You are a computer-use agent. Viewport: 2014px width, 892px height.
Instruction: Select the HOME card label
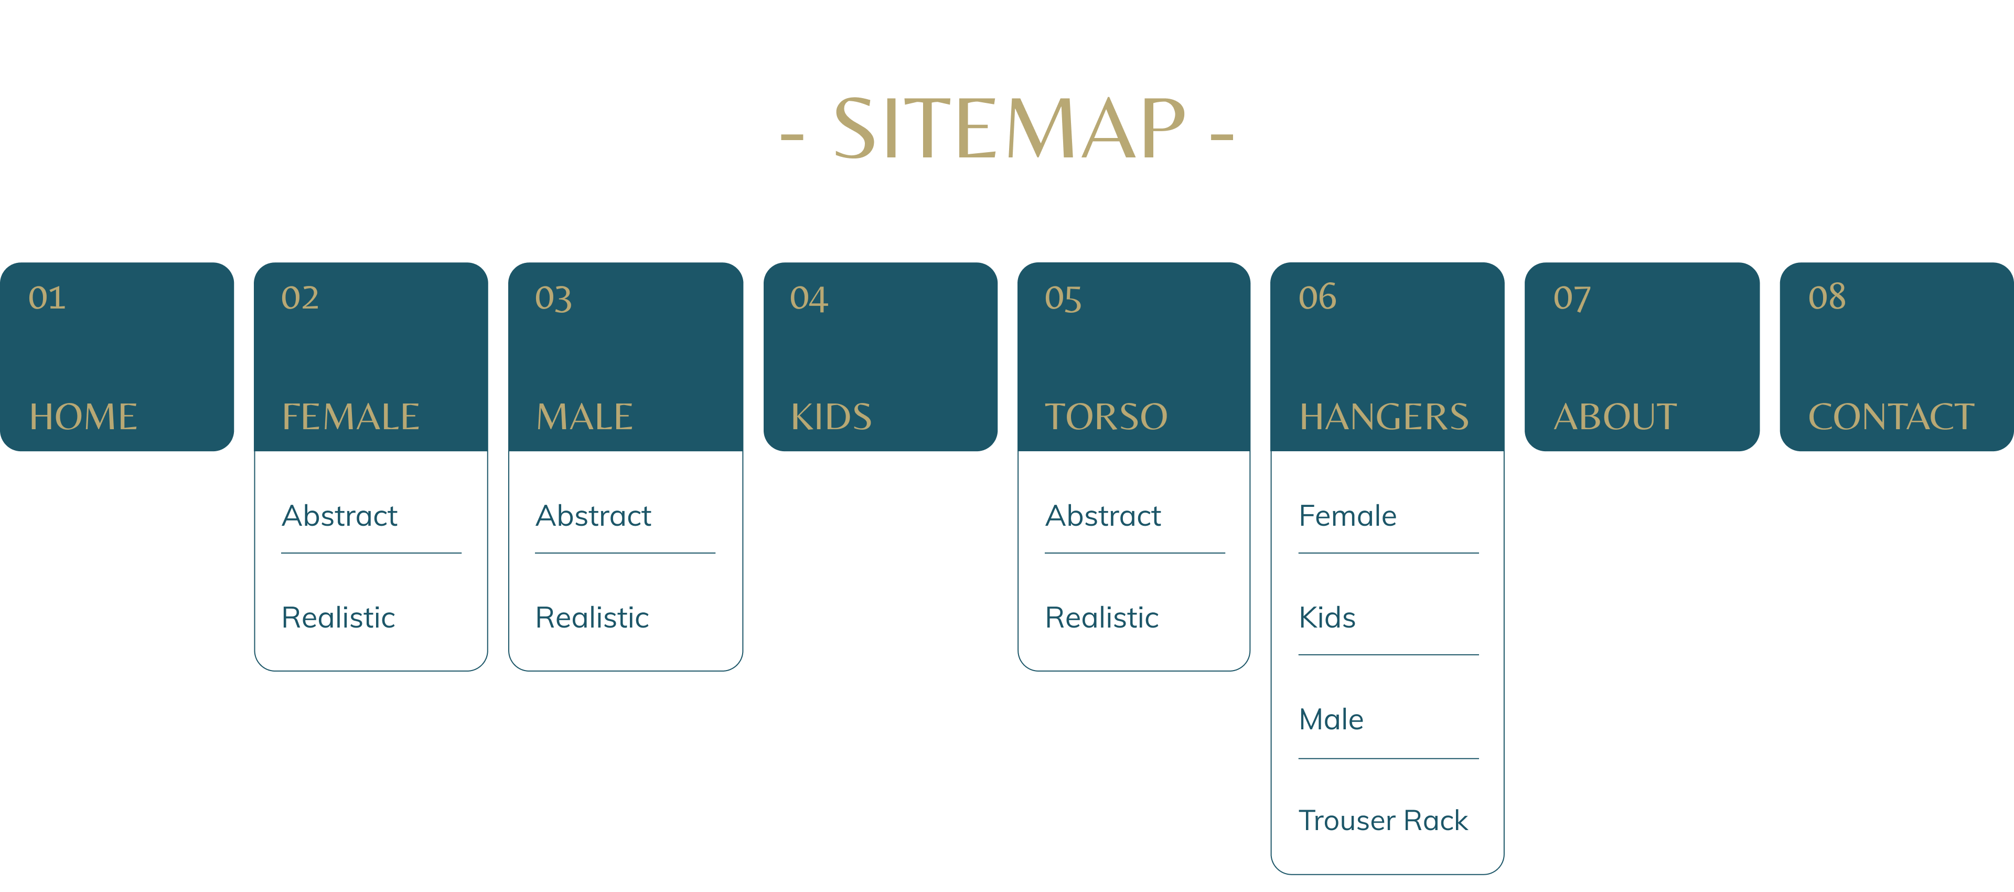click(x=83, y=416)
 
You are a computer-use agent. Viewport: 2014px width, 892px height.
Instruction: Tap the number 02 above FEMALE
click(x=300, y=298)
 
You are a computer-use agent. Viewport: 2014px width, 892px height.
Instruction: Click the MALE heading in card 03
click(x=584, y=416)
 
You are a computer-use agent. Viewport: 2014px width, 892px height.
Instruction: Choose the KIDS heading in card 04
click(x=831, y=416)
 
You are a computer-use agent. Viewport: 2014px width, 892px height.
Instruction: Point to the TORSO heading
click(x=1106, y=416)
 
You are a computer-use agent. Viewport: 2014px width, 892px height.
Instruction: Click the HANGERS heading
click(x=1384, y=416)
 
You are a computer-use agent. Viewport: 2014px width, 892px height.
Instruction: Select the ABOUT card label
click(x=1615, y=416)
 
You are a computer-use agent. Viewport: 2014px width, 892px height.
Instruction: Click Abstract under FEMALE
click(x=340, y=516)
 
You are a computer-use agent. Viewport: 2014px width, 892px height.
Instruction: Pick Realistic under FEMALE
click(x=338, y=618)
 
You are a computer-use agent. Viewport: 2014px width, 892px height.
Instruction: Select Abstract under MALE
click(x=593, y=516)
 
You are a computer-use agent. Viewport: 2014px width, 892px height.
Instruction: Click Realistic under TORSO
click(x=1101, y=618)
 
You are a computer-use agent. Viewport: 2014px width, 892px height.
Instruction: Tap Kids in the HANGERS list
click(x=1327, y=618)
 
